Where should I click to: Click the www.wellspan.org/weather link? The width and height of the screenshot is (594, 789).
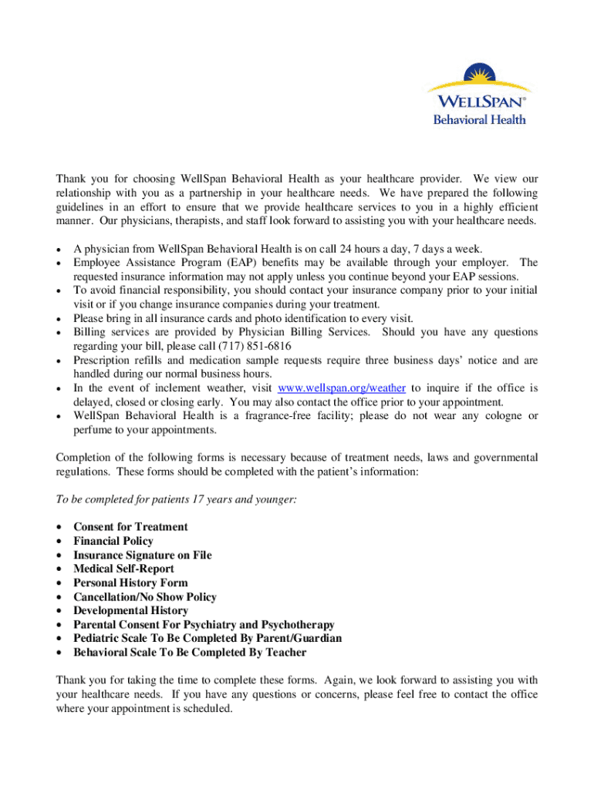pos(341,388)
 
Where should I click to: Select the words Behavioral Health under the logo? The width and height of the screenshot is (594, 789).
pos(479,119)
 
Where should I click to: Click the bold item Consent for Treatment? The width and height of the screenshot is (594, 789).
pos(130,527)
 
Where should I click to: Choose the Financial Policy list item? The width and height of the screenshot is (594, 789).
pos(113,541)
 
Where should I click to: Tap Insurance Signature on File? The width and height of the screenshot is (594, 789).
pos(142,555)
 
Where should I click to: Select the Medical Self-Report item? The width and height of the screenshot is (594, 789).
pos(123,569)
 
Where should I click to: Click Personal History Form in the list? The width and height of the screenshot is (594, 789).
pos(130,583)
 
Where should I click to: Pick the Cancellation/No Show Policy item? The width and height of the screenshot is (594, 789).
pos(145,596)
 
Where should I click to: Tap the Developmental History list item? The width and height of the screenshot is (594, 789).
pos(130,610)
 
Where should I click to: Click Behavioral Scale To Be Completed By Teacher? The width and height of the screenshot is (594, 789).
pos(190,653)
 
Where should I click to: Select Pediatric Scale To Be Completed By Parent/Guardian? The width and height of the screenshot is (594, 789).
pos(208,638)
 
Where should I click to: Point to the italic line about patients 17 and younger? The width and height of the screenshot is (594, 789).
pos(177,499)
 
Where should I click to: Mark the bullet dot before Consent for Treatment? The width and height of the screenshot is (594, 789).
pos(59,527)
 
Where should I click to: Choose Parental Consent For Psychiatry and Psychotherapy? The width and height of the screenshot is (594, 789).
pos(204,624)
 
